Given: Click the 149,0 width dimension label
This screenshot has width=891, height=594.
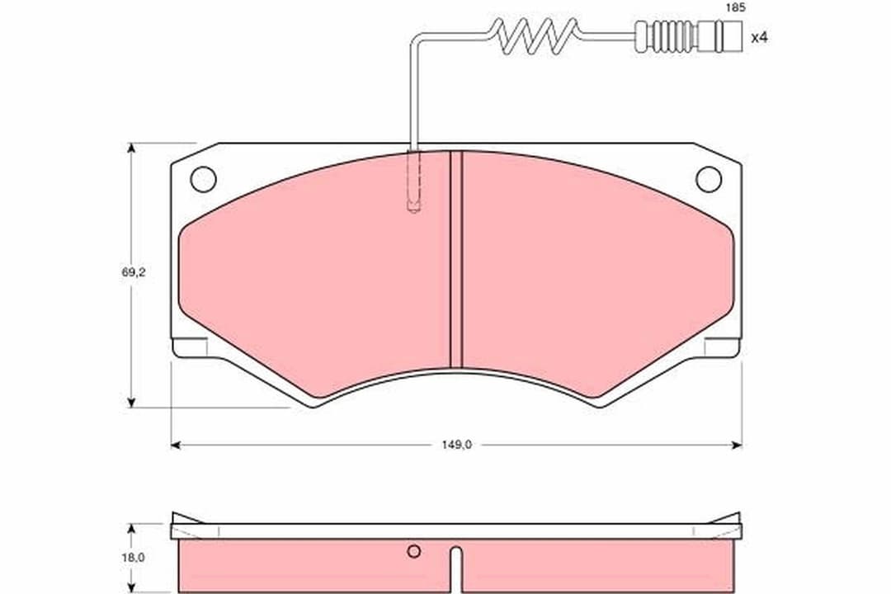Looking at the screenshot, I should [x=455, y=445].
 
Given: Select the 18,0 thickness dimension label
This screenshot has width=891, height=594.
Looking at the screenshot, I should [x=133, y=557].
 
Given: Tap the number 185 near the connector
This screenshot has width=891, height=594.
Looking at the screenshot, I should [x=734, y=7].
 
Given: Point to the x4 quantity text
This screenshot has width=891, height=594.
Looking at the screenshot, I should [x=759, y=37].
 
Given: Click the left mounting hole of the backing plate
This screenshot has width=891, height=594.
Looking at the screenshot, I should [x=203, y=178].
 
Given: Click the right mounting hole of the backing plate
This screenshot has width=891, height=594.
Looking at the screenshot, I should [x=708, y=178].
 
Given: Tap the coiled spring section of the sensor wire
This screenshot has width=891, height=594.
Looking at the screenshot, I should [x=537, y=35].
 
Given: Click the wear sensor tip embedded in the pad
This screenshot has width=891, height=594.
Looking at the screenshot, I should [x=414, y=202].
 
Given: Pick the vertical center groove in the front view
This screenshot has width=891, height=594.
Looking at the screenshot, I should [x=455, y=260].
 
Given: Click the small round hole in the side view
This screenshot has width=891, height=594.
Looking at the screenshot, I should [x=414, y=551].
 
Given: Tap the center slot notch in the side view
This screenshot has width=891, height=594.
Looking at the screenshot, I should [x=455, y=569].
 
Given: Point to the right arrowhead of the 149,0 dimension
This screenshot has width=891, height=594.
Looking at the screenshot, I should [x=737, y=445].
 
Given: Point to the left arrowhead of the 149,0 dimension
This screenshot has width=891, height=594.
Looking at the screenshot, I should [x=176, y=445].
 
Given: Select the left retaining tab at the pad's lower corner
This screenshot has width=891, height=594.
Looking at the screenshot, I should [x=190, y=348].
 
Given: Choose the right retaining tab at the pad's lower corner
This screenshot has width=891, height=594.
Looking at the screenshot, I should [x=722, y=348].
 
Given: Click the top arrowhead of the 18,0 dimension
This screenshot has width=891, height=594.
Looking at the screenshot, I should [x=130, y=527].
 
